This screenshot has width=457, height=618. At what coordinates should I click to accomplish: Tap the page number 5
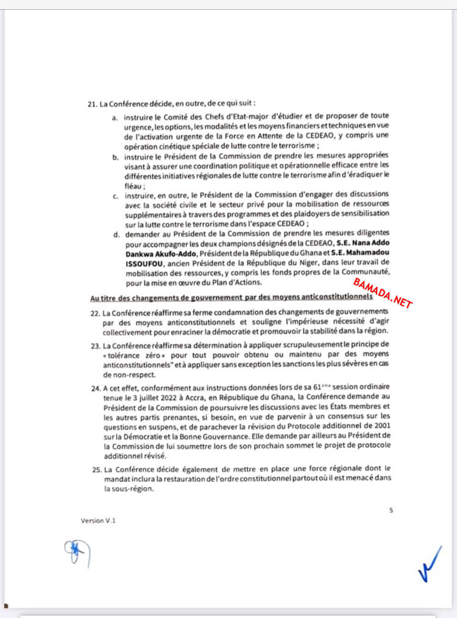tap(391, 510)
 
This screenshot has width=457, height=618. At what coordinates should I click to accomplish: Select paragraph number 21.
tap(93, 104)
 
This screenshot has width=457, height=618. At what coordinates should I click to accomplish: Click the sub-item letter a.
tap(115, 116)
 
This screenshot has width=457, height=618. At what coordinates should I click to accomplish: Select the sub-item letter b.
tap(115, 157)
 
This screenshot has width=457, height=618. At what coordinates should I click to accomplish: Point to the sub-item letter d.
tap(115, 234)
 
